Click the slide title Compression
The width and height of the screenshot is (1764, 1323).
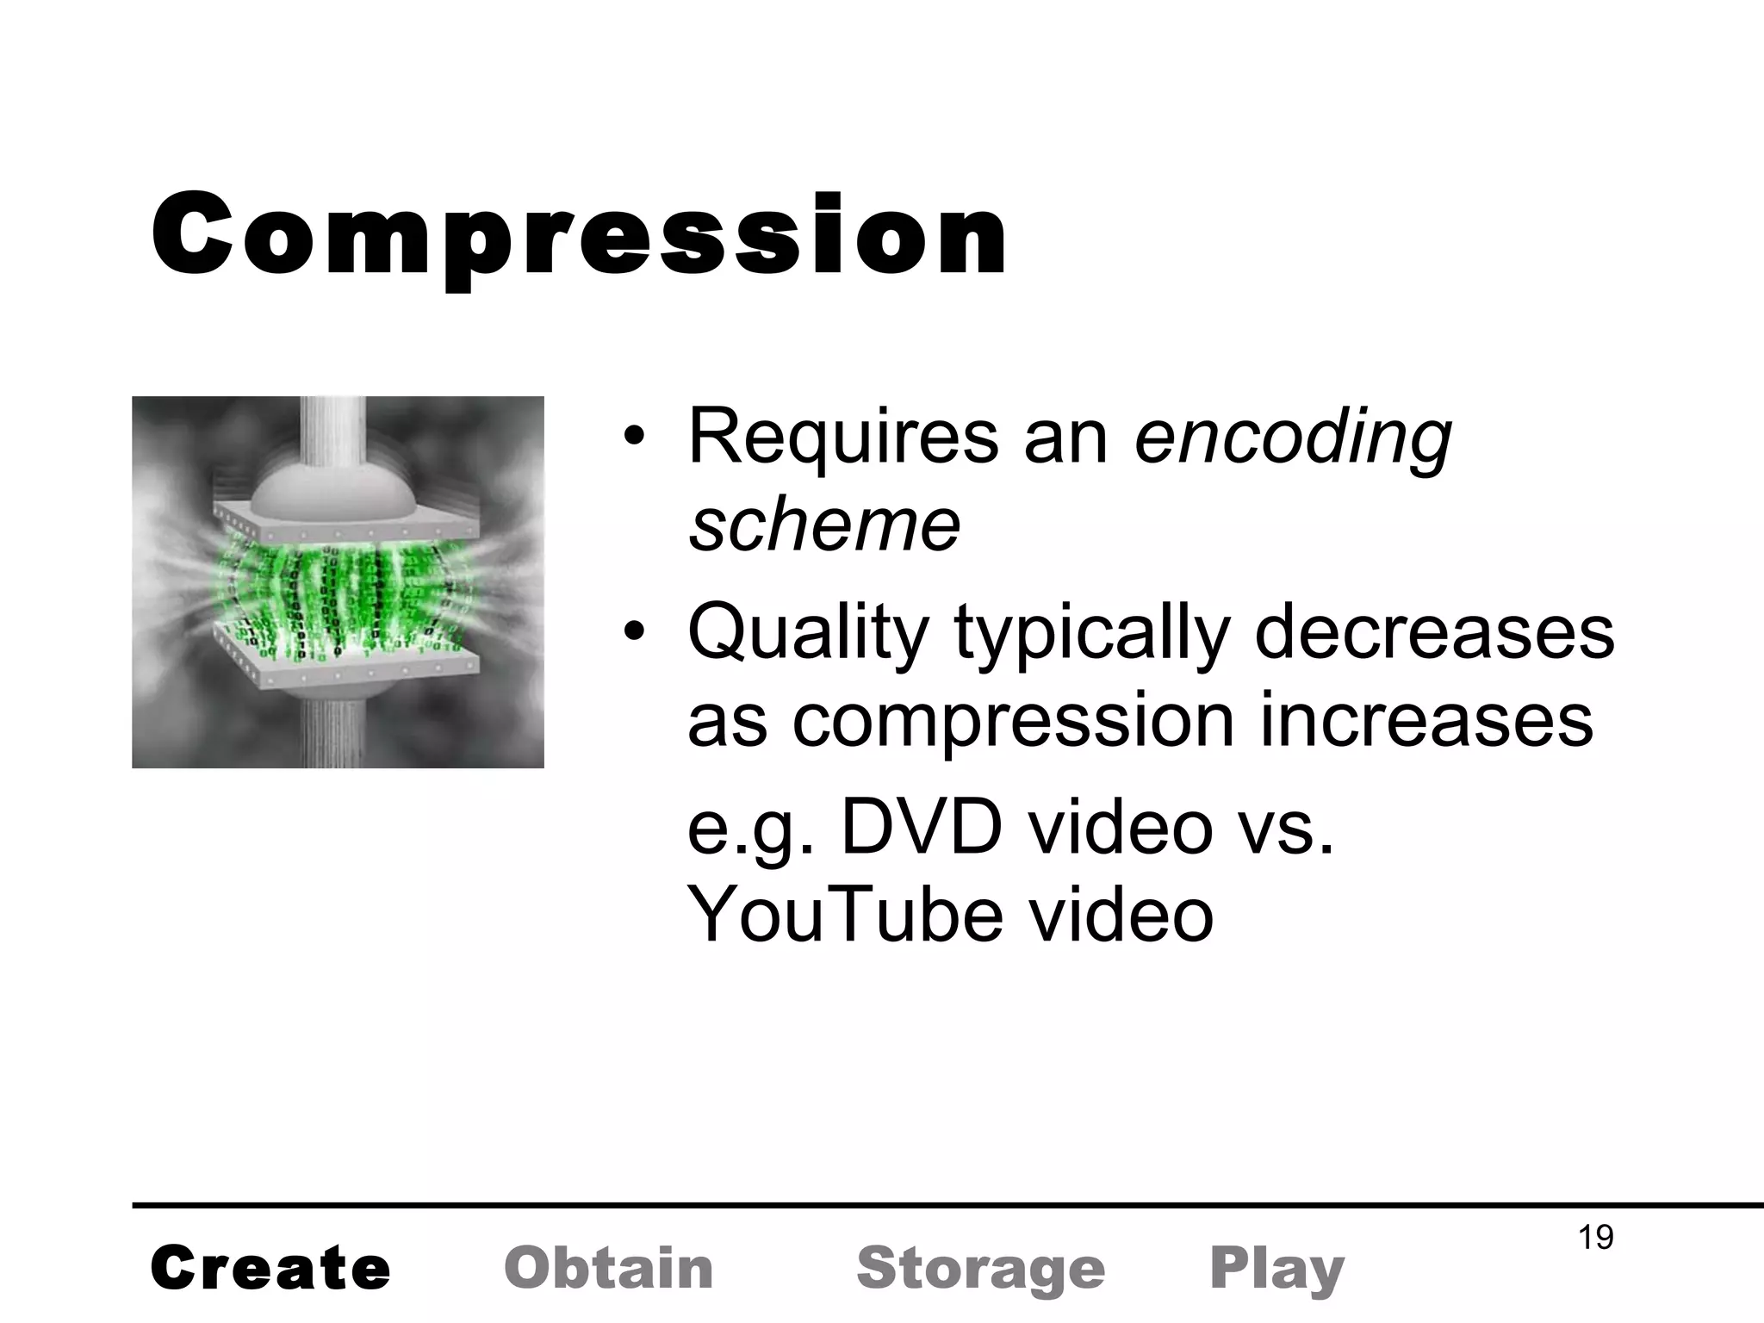(x=579, y=234)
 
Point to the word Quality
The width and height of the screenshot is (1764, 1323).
(x=807, y=634)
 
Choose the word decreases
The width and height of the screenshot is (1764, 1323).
(x=1433, y=632)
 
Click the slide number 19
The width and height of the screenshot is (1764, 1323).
(x=1595, y=1238)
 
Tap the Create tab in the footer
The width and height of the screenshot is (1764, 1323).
(x=270, y=1269)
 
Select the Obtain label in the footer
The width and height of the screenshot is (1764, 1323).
(x=609, y=1269)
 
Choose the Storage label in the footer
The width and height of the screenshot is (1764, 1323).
(x=981, y=1269)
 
